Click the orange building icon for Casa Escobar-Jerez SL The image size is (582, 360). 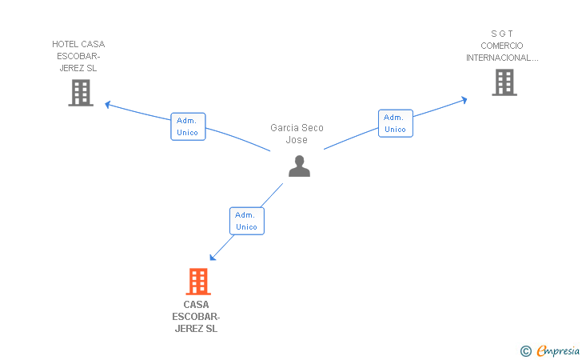(198, 282)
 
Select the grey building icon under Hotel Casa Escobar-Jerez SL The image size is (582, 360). (81, 93)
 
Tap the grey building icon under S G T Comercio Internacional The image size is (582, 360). (504, 82)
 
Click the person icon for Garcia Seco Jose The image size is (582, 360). (299, 166)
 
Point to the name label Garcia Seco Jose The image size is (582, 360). (297, 134)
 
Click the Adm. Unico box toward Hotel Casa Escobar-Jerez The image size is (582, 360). (188, 126)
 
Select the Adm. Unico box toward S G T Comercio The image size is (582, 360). (395, 123)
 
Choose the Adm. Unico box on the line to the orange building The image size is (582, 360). (247, 221)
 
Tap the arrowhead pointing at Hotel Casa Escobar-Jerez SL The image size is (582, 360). (108, 105)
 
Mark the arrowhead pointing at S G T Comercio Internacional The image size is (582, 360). (464, 100)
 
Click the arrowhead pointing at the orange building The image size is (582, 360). (213, 257)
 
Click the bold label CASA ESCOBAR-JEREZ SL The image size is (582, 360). (196, 317)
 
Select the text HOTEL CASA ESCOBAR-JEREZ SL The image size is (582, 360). (78, 56)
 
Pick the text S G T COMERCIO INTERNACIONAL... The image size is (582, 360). (502, 46)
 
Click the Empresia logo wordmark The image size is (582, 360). (558, 350)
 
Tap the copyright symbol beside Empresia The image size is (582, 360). (525, 351)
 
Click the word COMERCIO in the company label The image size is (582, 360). (502, 46)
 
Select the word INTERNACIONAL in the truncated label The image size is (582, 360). (499, 58)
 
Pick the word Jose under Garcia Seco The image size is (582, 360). (297, 140)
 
